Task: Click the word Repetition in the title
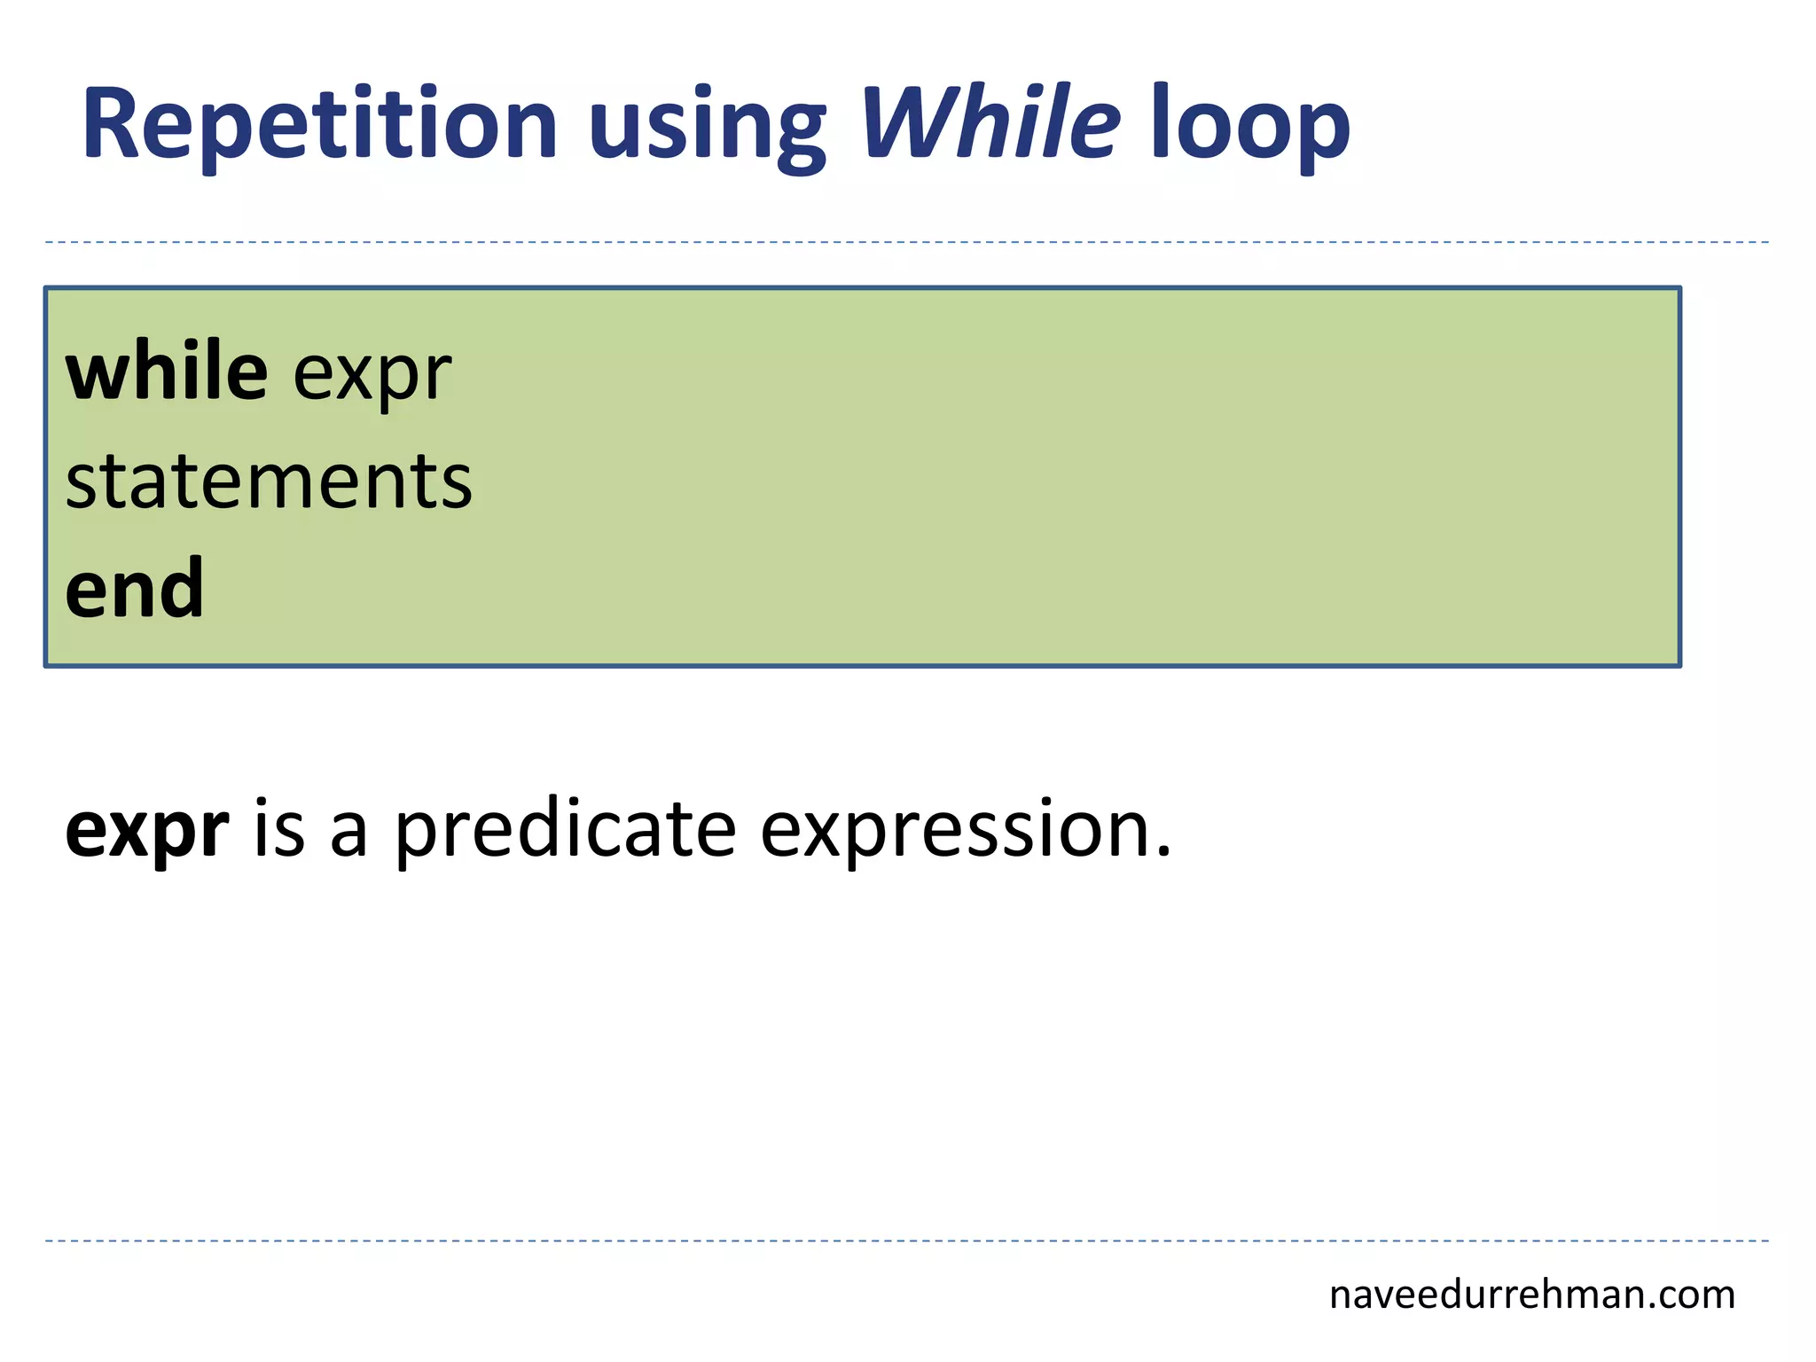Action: [x=319, y=124]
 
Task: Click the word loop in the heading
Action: [x=1249, y=129]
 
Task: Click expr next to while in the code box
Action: [x=372, y=377]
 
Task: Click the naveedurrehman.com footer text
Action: [x=1531, y=1295]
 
